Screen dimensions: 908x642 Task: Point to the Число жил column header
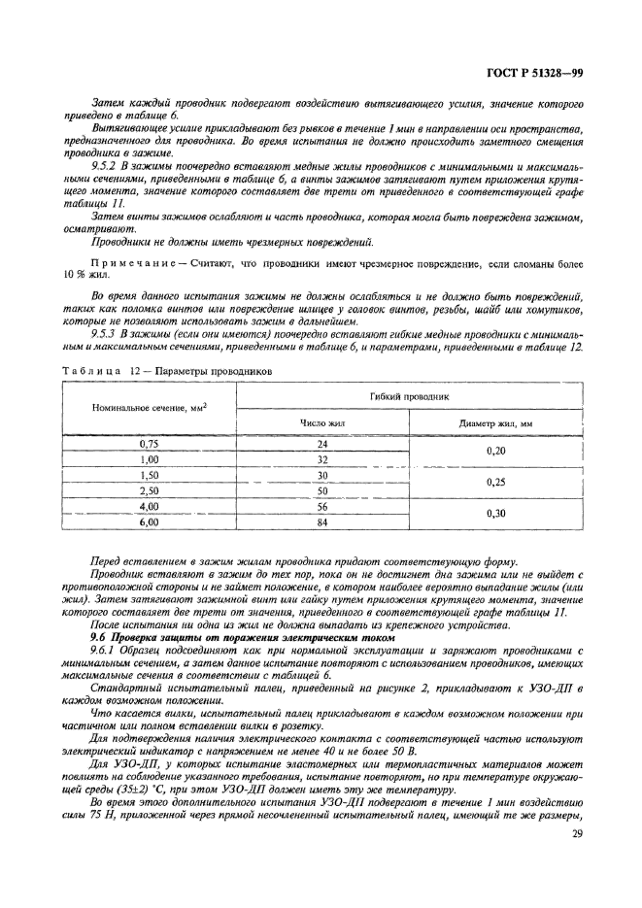tap(323, 423)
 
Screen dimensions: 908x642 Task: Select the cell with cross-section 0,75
tap(150, 444)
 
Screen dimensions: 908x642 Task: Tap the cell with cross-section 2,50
tap(150, 490)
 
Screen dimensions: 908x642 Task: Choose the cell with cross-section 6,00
tap(150, 521)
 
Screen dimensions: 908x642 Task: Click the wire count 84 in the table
tap(323, 521)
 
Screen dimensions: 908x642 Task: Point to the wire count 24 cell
tap(323, 444)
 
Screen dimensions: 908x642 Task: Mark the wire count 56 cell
tap(323, 506)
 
